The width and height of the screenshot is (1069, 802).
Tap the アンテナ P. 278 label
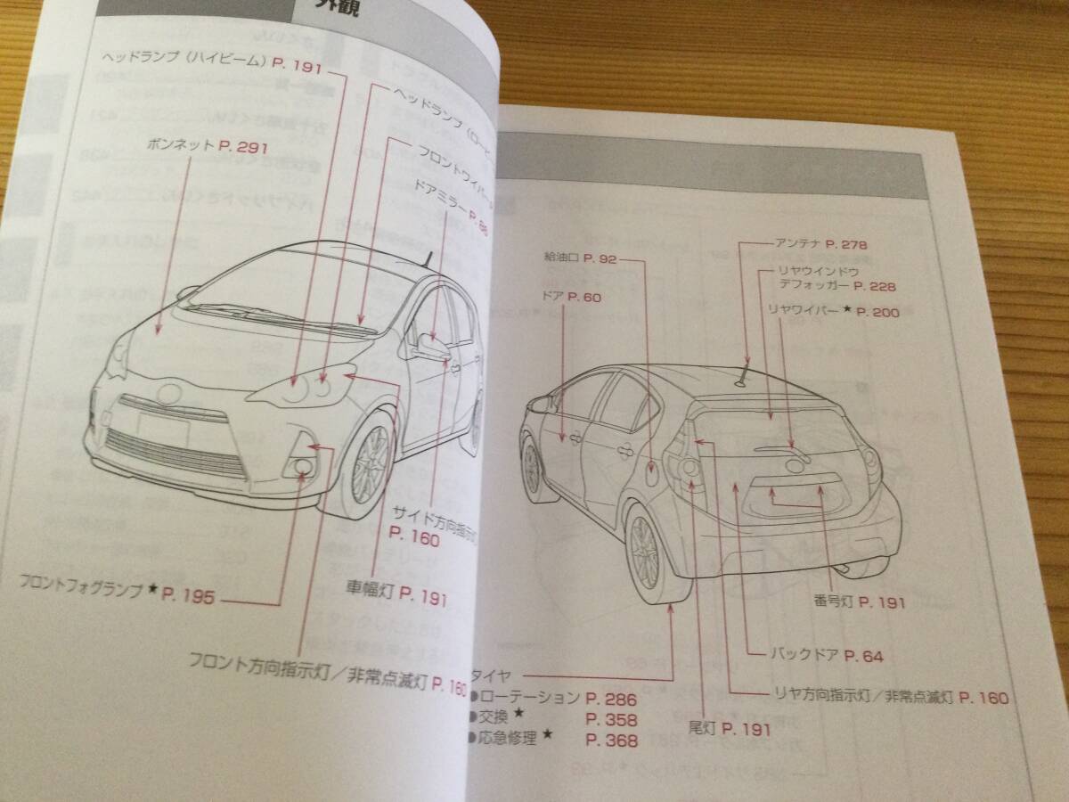[821, 243]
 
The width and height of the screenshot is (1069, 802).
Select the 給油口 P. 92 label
[580, 258]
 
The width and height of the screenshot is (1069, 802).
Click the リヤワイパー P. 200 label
[834, 311]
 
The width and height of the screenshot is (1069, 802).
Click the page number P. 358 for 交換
[611, 720]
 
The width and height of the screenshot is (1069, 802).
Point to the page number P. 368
[611, 741]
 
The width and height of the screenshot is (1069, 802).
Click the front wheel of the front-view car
[369, 466]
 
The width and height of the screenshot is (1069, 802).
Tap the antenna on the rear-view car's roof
[742, 377]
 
